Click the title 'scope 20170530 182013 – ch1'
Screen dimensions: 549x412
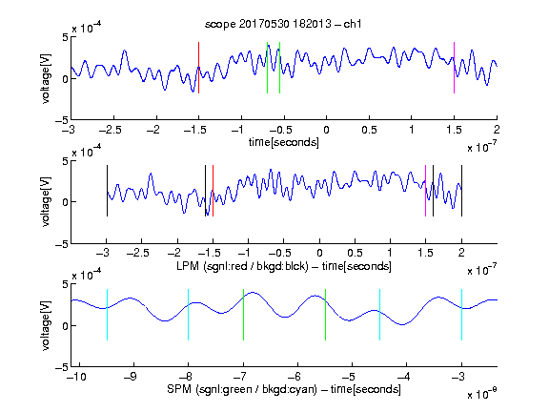[283, 24]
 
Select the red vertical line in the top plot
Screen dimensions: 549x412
[198, 68]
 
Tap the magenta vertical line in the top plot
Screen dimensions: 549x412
[454, 68]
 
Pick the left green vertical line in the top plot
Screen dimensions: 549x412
[267, 68]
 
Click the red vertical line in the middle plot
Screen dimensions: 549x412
[213, 191]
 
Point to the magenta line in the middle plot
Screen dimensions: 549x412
[425, 191]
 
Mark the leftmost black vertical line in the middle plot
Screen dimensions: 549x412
[107, 191]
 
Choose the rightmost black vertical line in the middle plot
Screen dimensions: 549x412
[461, 191]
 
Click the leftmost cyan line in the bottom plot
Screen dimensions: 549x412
[107, 315]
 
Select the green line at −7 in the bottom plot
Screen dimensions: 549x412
[243, 315]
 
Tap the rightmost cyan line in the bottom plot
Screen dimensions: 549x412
[461, 315]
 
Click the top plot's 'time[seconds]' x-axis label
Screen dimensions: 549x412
[284, 142]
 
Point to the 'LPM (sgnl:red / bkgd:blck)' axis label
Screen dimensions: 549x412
[242, 266]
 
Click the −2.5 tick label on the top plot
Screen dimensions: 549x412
[111, 130]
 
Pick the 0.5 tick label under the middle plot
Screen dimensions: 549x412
[355, 253]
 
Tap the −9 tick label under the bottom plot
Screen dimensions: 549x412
[131, 377]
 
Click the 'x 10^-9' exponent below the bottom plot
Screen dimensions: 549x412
[481, 393]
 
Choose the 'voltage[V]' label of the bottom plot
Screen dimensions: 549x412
[46, 325]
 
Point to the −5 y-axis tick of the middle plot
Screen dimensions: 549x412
[62, 244]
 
